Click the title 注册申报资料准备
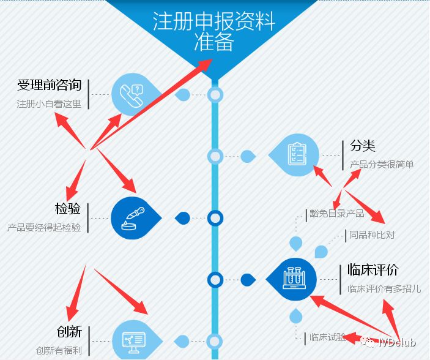(x=214, y=31)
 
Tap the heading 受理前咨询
(x=50, y=85)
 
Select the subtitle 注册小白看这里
(x=49, y=104)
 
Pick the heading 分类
(x=362, y=146)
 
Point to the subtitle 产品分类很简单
(x=382, y=165)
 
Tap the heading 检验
(x=68, y=209)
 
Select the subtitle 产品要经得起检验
(x=44, y=228)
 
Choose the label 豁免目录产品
(x=336, y=214)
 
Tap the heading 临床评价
(x=373, y=270)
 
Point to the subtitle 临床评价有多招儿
(x=384, y=289)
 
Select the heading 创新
(x=69, y=332)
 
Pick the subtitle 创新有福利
(x=59, y=351)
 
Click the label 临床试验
(x=327, y=337)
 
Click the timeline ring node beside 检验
(x=215, y=218)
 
